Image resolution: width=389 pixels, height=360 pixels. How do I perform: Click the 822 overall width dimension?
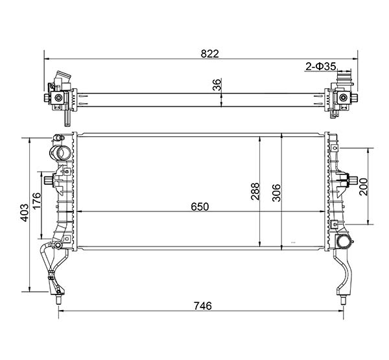pos(210,54)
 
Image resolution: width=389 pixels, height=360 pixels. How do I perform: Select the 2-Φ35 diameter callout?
pos(320,67)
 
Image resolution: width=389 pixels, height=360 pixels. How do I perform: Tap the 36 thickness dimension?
pos(217,85)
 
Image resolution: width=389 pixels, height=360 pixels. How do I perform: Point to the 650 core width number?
pos(200,206)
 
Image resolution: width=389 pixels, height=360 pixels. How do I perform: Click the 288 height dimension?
pos(255,191)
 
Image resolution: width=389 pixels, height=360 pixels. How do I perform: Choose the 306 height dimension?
pos(276,193)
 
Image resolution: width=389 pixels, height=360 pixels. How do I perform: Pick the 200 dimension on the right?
pos(364,187)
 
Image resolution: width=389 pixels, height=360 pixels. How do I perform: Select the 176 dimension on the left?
pos(36,201)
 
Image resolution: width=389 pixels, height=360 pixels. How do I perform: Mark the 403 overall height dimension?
pos(25,213)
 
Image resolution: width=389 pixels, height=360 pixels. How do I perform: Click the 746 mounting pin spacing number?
pos(203,306)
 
